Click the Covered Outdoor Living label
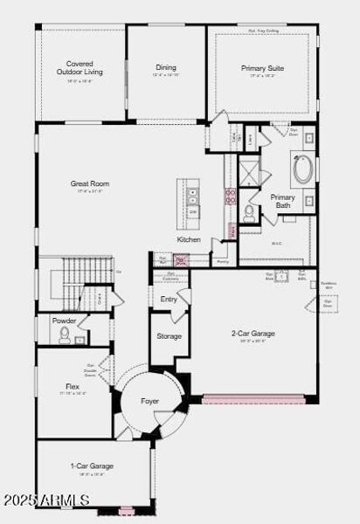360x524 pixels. [80, 67]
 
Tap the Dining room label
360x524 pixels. [166, 67]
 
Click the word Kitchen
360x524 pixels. [189, 239]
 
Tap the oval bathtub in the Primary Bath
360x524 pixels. [302, 169]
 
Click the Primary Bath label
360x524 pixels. [282, 201]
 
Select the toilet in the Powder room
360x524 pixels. [65, 336]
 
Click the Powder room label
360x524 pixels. [64, 321]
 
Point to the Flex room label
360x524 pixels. [73, 385]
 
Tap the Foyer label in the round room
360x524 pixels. [150, 401]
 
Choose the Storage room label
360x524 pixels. [169, 336]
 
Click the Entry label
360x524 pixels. [169, 300]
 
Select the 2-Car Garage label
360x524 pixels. [253, 333]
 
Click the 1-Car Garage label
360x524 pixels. [92, 465]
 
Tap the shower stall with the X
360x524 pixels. [249, 169]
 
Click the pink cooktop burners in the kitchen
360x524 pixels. [231, 196]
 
